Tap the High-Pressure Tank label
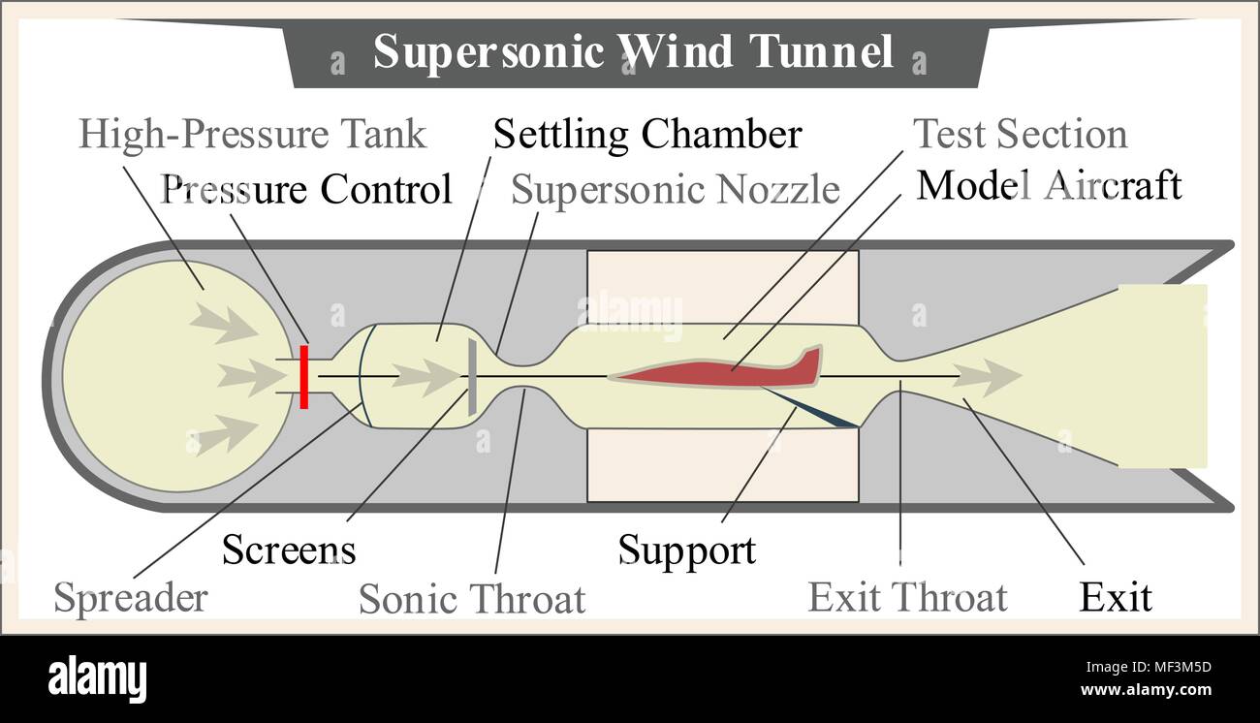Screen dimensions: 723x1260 252,134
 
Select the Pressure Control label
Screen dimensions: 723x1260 306,189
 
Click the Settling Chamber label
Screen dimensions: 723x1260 647,134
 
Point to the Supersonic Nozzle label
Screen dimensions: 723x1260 675,190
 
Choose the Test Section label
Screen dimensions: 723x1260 1020,134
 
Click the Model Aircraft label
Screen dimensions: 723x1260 1049,184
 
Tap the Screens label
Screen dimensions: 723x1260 289,550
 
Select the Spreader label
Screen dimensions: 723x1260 130,597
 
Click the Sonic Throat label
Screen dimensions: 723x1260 472,599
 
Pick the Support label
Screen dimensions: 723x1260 686,550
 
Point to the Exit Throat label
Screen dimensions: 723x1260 907,597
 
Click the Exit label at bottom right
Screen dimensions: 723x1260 1116,597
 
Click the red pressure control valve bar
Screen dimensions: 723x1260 303,376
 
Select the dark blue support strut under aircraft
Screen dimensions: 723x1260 814,409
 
